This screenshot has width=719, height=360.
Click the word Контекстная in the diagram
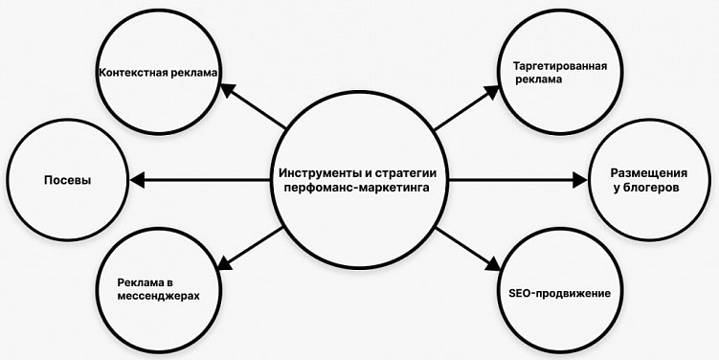[129, 73]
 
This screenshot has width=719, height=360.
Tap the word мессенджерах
[158, 296]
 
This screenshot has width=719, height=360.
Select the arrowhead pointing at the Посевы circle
[138, 179]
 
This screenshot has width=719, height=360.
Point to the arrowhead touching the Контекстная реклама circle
[227, 89]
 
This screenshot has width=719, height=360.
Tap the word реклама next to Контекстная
[191, 73]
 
